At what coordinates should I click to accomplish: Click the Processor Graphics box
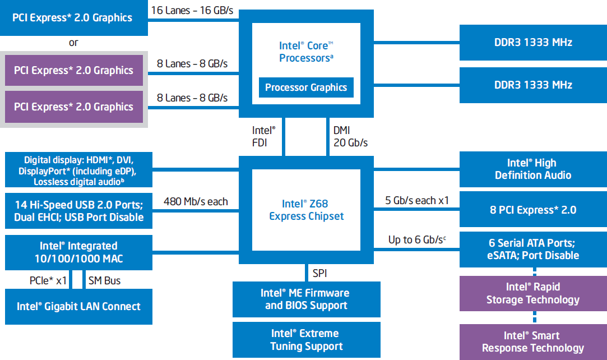tap(306, 87)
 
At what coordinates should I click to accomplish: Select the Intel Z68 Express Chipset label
tap(307, 210)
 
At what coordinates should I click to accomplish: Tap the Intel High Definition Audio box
tap(533, 169)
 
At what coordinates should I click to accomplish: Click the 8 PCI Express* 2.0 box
tap(533, 210)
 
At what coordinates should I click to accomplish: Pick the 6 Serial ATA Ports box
tap(533, 250)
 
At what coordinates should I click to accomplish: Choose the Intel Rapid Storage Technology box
tap(533, 293)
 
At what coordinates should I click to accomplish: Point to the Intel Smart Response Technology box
tap(533, 342)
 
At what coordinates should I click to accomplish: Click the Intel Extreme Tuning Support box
tap(307, 340)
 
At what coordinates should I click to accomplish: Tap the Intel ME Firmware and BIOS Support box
tap(307, 299)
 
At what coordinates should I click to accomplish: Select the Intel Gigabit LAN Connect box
tap(78, 307)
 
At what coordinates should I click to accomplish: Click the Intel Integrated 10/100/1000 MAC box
tap(78, 252)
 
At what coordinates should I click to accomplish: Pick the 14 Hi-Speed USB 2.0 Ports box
tap(78, 210)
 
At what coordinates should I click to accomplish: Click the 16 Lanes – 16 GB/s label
tap(192, 11)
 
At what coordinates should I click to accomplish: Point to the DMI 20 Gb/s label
tap(350, 137)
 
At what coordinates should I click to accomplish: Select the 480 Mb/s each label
tap(196, 201)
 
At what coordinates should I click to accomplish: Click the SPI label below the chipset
tap(319, 274)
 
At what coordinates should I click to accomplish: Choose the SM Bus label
tap(104, 280)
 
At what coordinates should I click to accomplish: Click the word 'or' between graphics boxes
tap(73, 43)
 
